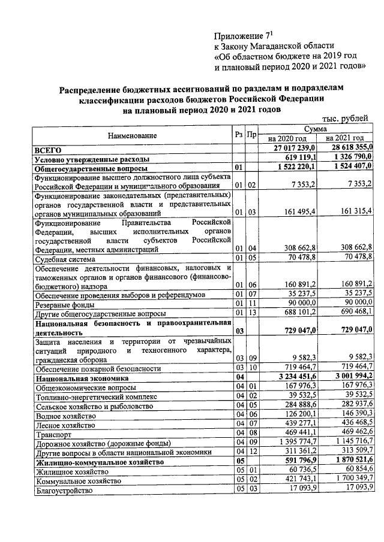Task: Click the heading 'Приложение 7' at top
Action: pos(243,36)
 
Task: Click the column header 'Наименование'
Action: pos(133,136)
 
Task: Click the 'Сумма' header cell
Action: pos(316,129)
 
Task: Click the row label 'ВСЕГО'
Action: pos(49,149)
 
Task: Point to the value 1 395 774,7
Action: pos(299,443)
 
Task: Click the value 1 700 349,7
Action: pos(350,480)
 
